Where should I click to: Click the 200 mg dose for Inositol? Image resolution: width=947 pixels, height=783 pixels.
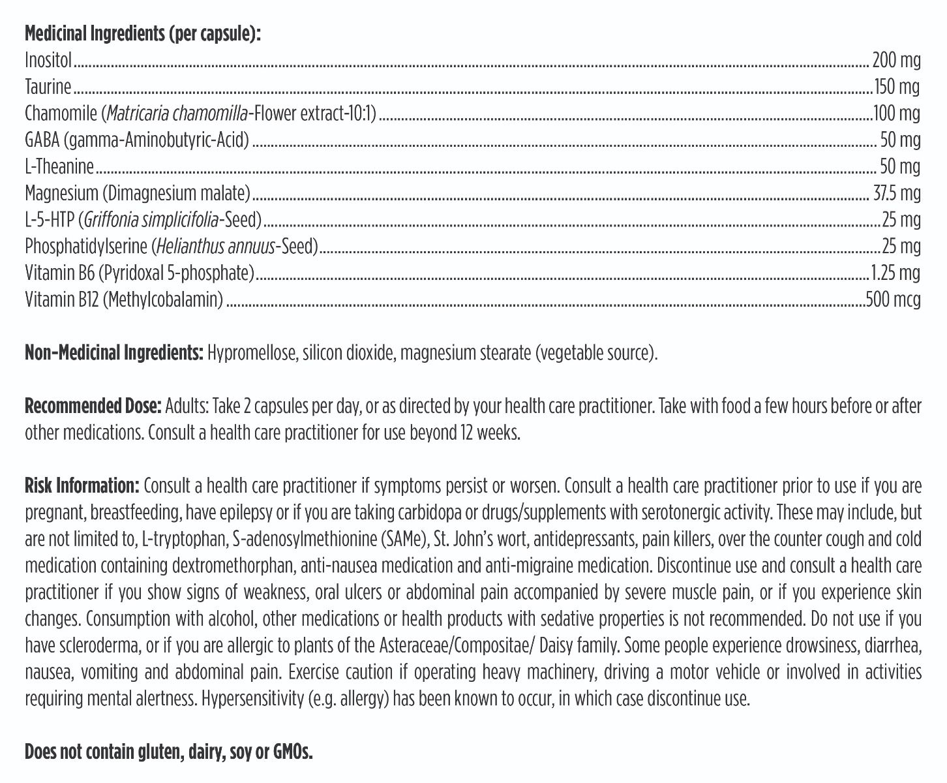(896, 61)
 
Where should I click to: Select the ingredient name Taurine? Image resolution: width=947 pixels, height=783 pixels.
(48, 87)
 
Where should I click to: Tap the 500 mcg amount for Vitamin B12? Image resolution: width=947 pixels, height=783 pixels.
(893, 299)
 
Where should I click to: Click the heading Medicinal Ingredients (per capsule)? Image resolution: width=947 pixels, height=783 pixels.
(142, 34)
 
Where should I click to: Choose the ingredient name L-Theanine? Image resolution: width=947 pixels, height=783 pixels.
(59, 166)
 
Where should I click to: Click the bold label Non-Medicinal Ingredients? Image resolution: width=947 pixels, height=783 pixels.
(114, 353)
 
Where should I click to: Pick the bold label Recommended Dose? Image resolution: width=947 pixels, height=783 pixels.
(93, 407)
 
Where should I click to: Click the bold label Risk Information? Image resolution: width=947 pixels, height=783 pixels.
(82, 486)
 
